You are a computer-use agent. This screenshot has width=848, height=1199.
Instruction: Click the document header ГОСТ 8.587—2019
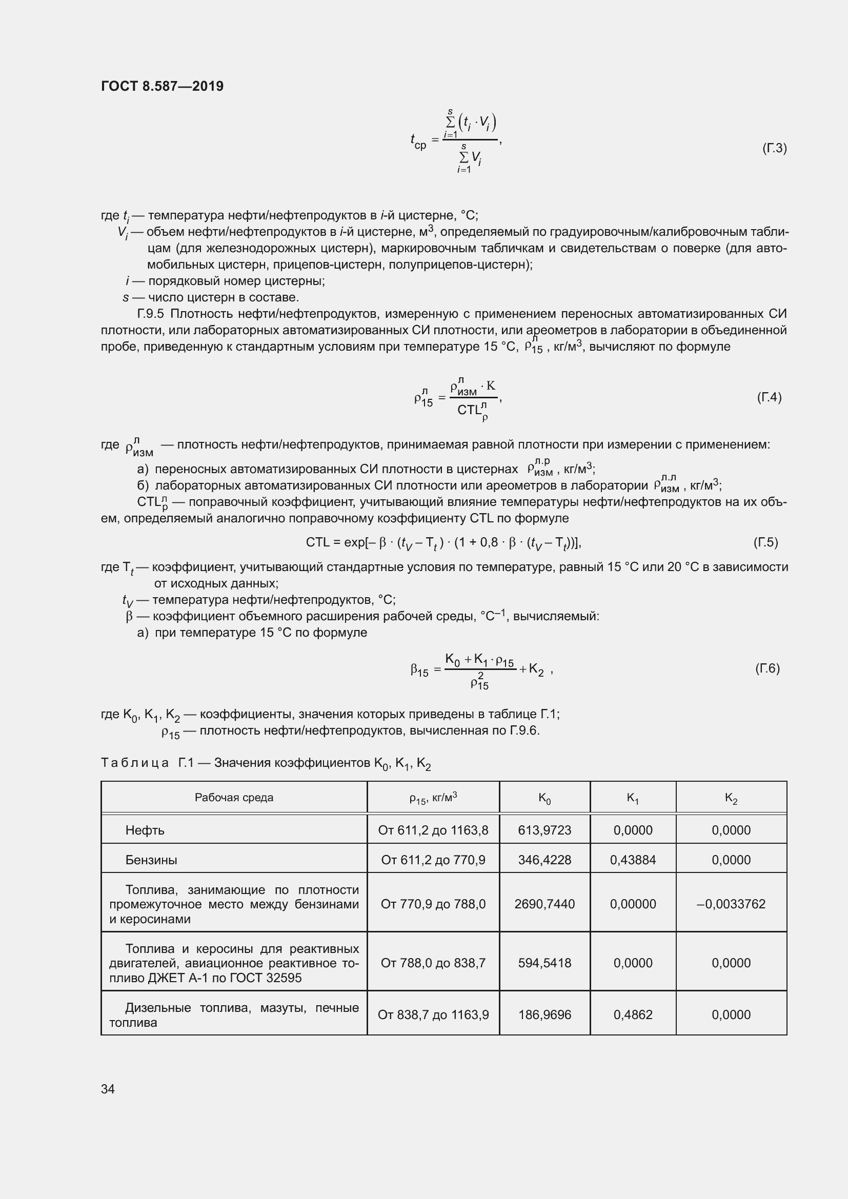tap(162, 86)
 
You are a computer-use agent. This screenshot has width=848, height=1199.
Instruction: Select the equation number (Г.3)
tap(774, 148)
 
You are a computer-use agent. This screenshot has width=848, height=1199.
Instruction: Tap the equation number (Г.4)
tap(769, 397)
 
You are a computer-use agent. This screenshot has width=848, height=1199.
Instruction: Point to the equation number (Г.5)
tap(765, 542)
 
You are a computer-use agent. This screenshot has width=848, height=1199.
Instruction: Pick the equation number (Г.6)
tap(767, 668)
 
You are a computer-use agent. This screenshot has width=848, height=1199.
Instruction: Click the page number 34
tap(108, 1088)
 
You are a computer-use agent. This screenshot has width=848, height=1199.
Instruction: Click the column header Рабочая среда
tap(234, 798)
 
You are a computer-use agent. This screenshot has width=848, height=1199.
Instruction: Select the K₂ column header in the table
tap(731, 798)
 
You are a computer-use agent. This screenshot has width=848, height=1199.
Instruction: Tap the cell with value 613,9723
tap(544, 830)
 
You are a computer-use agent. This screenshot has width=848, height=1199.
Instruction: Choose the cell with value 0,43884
tap(633, 860)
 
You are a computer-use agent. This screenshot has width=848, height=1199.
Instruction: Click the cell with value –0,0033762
tap(731, 904)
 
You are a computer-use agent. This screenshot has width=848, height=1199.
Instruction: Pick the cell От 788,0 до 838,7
tap(433, 963)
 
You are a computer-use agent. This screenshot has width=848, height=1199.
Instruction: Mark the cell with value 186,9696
tap(544, 1014)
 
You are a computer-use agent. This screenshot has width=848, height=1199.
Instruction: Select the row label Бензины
tap(151, 860)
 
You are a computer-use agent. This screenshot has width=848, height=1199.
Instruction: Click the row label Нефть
tap(145, 830)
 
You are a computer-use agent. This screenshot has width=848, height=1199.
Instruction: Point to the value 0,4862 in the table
tap(633, 1014)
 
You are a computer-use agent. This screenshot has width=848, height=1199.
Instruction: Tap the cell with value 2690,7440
tap(544, 904)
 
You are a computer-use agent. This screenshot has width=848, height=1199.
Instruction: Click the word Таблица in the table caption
tap(135, 763)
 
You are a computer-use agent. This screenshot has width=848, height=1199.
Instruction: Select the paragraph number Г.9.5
tap(150, 314)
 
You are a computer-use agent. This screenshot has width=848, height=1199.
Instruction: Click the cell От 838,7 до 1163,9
tap(433, 1014)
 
